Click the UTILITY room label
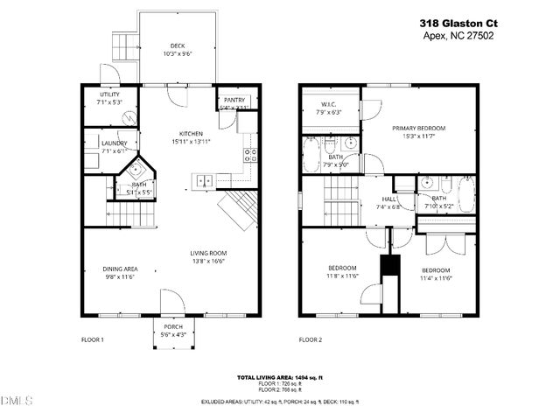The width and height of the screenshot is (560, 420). pos(109,94)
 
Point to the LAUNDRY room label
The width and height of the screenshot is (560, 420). pos(114,143)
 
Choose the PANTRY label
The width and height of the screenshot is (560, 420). pos(234,101)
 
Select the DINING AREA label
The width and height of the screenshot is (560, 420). pos(120,269)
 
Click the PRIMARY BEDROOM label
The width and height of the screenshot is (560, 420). pos(419,129)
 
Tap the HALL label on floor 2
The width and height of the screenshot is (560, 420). pos(388,199)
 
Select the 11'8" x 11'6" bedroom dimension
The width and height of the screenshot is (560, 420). pos(342,276)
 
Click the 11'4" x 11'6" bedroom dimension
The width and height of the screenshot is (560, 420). pos(435,279)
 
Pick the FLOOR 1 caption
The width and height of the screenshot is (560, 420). pos(93,339)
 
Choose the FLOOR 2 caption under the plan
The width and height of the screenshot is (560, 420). pos(311,339)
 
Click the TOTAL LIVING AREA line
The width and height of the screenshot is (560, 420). pos(280,377)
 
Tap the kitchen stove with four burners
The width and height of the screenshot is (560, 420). pos(250,156)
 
